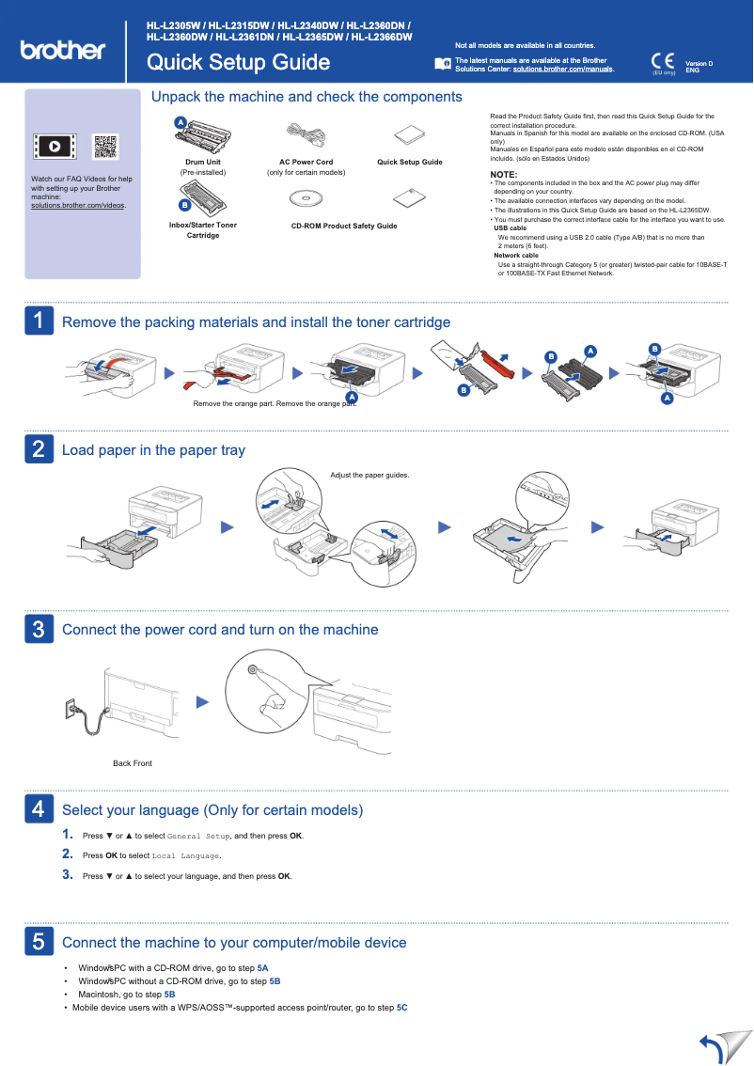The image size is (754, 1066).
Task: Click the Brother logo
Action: [x=62, y=50]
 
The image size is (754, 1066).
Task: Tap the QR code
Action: [x=105, y=147]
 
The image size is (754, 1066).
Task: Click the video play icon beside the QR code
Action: [x=55, y=147]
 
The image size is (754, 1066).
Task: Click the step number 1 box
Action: [x=38, y=321]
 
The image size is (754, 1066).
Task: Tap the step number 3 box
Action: [x=38, y=629]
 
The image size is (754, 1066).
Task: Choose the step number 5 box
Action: [x=38, y=941]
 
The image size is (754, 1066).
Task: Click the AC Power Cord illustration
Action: [x=305, y=134]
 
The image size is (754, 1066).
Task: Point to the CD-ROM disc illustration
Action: [x=305, y=198]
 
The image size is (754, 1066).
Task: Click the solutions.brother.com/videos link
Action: [x=78, y=205]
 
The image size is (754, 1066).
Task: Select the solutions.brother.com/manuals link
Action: [x=562, y=70]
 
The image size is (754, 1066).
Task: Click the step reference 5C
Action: [x=401, y=1008]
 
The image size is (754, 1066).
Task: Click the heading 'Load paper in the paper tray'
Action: [x=153, y=450]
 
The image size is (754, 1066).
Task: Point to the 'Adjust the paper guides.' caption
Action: [x=369, y=475]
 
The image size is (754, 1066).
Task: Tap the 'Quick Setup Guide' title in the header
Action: [x=238, y=63]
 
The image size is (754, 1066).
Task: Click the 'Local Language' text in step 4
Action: [x=185, y=855]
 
